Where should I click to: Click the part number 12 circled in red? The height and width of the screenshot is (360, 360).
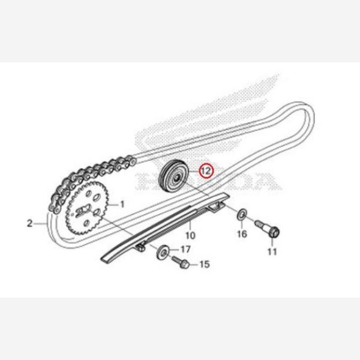[206, 171]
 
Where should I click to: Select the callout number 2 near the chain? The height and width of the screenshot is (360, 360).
[29, 224]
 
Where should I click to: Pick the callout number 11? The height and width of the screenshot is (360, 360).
[272, 251]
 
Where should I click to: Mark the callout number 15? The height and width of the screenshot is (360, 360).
[204, 263]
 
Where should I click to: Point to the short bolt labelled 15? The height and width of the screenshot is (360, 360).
[182, 262]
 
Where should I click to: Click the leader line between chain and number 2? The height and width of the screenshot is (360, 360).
[41, 223]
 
